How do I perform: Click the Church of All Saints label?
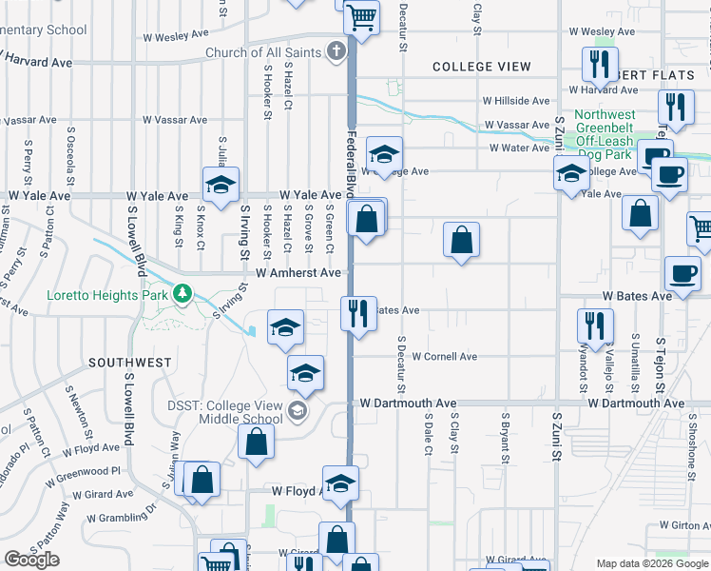(x=262, y=52)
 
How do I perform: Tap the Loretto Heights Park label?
(x=106, y=294)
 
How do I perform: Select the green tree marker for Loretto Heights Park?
(x=180, y=294)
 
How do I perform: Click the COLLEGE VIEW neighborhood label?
(x=482, y=67)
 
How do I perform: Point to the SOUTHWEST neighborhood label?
(x=130, y=363)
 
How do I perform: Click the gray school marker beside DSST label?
(x=298, y=410)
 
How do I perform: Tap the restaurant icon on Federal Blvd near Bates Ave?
(x=358, y=312)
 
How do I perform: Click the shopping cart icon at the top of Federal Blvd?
(x=360, y=15)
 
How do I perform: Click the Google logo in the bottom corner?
(x=31, y=560)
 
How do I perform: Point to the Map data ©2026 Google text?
(x=652, y=563)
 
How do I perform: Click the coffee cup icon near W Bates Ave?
(x=682, y=271)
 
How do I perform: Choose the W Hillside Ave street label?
(x=515, y=101)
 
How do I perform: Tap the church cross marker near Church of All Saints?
(x=337, y=51)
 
